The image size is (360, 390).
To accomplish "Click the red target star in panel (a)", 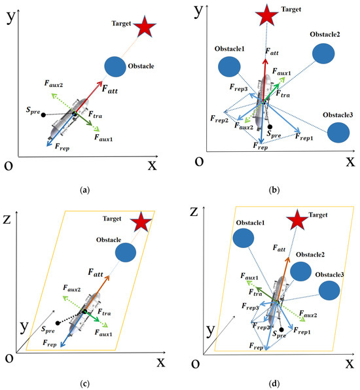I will click(145, 27).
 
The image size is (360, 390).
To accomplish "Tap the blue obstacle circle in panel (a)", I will click(115, 66).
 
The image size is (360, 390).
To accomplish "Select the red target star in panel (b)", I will click(266, 12).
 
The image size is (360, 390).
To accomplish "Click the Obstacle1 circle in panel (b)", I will click(229, 66).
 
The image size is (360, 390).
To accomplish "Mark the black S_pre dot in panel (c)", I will click(59, 323).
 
